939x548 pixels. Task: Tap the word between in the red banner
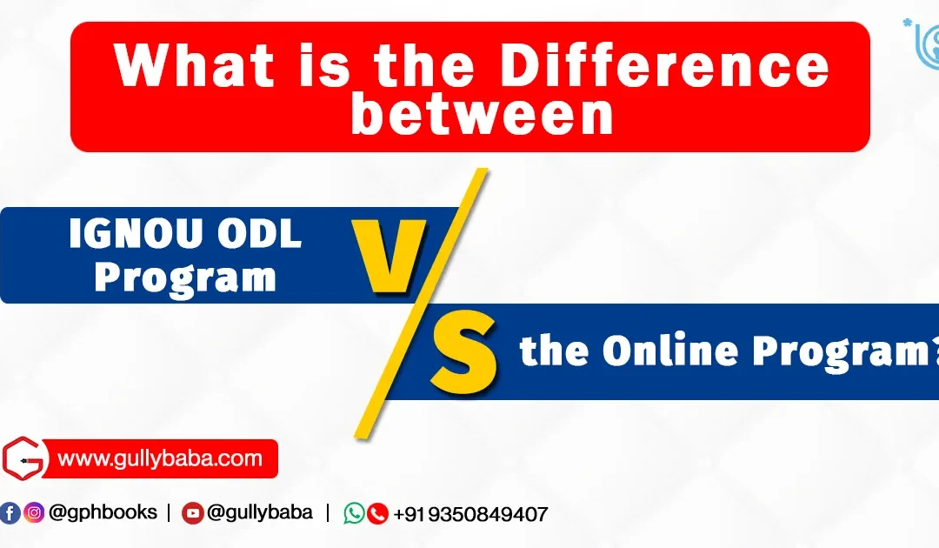click(x=482, y=117)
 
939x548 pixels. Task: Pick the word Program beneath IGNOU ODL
click(x=185, y=277)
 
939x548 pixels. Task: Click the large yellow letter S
click(x=465, y=353)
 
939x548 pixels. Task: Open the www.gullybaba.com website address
click(x=159, y=458)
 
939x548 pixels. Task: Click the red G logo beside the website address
click(x=23, y=458)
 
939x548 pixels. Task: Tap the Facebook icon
click(x=10, y=513)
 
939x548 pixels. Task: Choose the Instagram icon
click(x=35, y=513)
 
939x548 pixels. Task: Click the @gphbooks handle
click(x=103, y=512)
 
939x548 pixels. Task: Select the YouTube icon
click(x=192, y=513)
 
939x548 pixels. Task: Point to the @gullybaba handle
click(x=259, y=512)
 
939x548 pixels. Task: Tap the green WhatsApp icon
click(x=354, y=513)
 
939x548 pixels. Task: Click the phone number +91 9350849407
click(x=470, y=514)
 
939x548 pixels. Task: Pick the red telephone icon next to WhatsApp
click(x=377, y=513)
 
